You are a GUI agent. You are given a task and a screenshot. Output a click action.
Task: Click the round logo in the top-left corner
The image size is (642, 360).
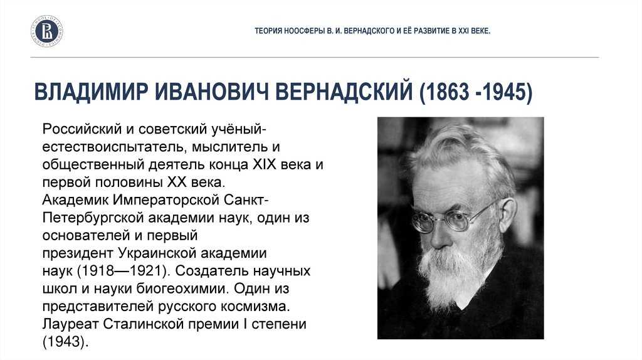tap(48, 31)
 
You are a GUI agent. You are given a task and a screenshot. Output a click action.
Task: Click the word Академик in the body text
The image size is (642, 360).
tap(76, 201)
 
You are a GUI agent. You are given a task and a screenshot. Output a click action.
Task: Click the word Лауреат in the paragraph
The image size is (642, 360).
tap(71, 326)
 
